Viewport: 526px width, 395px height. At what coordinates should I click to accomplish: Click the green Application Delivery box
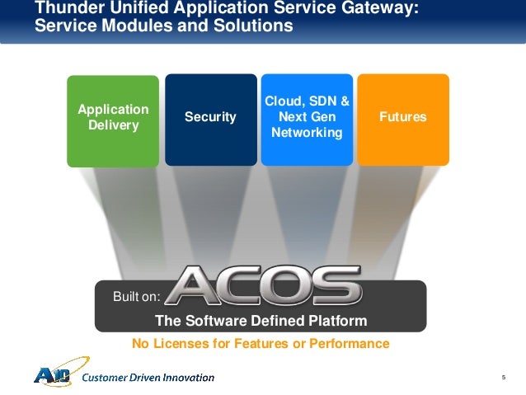pos(113,120)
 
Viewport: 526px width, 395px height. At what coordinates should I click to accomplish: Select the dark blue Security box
pos(210,118)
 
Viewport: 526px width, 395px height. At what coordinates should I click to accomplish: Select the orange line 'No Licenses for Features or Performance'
pos(261,343)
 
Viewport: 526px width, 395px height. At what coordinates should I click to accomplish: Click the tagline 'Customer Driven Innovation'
pos(149,378)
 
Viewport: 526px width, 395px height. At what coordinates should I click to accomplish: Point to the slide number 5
pos(502,377)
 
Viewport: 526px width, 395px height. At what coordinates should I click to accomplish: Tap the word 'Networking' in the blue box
pos(307,132)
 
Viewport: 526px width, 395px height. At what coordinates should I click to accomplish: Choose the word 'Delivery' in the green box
pos(113,125)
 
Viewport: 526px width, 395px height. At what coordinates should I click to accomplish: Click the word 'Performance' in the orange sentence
pos(351,343)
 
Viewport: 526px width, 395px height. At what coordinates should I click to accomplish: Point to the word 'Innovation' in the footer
pos(186,378)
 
